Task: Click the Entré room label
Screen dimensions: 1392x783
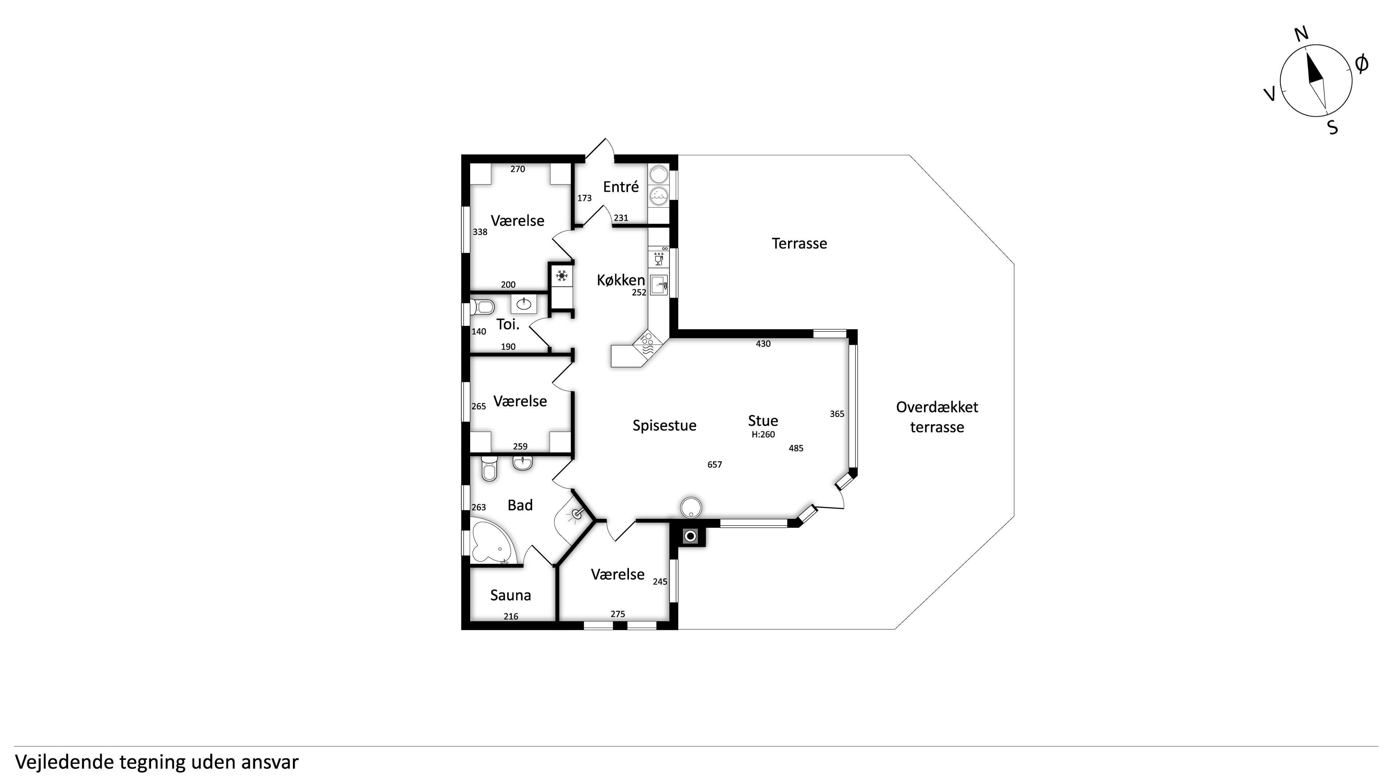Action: (x=621, y=187)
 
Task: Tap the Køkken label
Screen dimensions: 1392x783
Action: (x=621, y=280)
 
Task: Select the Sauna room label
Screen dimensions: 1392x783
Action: (x=511, y=596)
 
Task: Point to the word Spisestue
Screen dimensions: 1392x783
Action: (x=664, y=426)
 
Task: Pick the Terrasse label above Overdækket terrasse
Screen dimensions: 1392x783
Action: (x=799, y=244)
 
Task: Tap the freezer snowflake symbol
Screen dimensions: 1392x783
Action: (x=562, y=276)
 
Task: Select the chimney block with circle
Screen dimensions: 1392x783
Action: (x=691, y=536)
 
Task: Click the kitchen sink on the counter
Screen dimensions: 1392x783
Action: (x=659, y=285)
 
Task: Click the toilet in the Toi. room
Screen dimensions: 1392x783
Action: (x=482, y=307)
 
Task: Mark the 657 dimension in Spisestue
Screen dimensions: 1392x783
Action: (x=714, y=465)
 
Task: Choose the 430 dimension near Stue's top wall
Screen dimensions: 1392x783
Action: (x=763, y=344)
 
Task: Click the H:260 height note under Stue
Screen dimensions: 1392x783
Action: (x=763, y=435)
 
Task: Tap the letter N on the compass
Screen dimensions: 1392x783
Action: (x=1302, y=34)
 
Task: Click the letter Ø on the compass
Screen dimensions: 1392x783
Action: (x=1362, y=64)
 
